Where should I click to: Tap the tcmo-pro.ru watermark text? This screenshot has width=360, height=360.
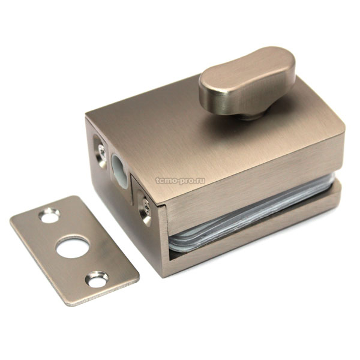click(x=180, y=181)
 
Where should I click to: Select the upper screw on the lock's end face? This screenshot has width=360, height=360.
click(x=102, y=152)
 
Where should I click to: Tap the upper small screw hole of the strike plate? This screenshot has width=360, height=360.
click(x=49, y=215)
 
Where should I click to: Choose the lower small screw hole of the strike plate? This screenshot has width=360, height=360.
click(x=97, y=279)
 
